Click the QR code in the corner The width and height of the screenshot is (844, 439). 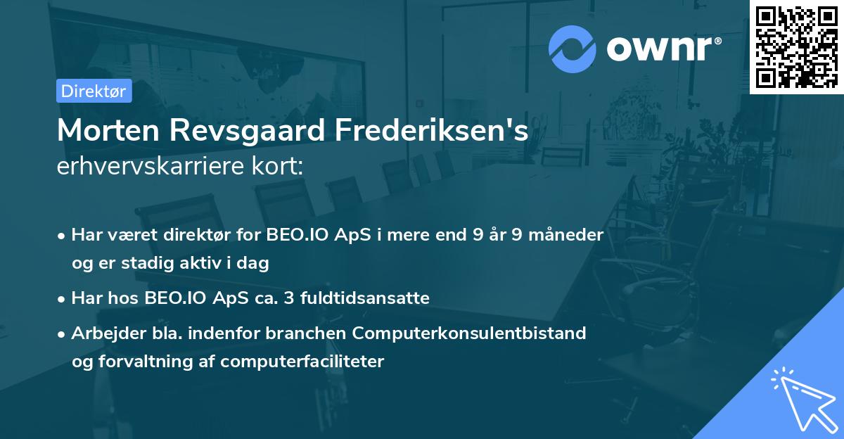point(796,46)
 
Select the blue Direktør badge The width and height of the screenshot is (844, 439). point(94,91)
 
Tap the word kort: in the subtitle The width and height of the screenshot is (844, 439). point(280,167)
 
